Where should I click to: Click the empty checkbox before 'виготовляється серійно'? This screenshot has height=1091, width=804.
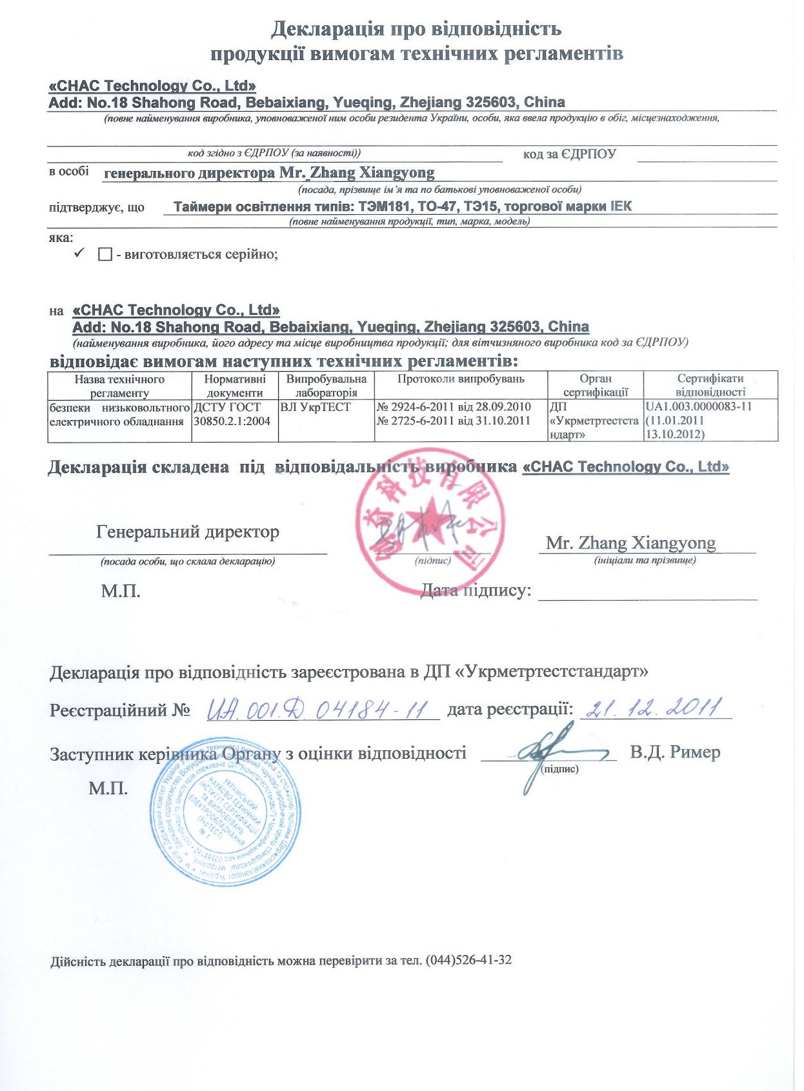(105, 255)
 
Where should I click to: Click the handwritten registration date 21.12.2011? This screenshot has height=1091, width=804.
(652, 708)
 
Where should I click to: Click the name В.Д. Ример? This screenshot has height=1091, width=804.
(676, 752)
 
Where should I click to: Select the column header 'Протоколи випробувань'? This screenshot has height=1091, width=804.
(461, 379)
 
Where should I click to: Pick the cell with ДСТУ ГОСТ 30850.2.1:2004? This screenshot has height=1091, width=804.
(232, 414)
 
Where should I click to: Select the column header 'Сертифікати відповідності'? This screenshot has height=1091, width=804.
(710, 385)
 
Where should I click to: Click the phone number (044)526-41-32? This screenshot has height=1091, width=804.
(468, 961)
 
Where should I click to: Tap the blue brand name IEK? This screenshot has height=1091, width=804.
(620, 206)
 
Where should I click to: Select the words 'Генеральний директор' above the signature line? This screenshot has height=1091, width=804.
(188, 532)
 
